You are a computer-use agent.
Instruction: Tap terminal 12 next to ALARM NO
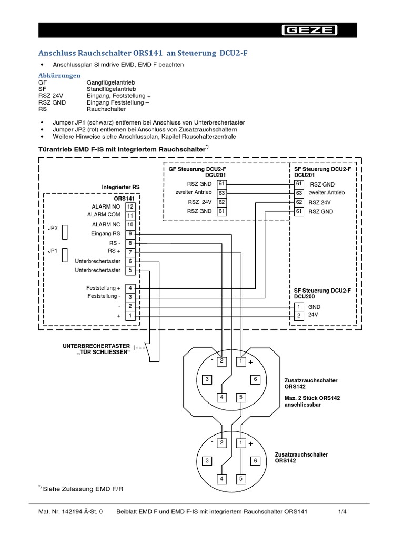click(130, 206)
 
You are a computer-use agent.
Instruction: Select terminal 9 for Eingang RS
click(130, 233)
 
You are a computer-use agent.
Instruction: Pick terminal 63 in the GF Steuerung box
click(221, 193)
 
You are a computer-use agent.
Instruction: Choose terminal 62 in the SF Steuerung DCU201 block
click(299, 202)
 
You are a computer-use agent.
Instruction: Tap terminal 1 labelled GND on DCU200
click(299, 306)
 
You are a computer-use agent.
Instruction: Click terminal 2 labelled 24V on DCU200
click(299, 316)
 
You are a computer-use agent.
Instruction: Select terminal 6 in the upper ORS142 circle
click(255, 379)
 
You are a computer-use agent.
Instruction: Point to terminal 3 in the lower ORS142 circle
click(207, 461)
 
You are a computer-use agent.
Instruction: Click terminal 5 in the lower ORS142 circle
click(240, 479)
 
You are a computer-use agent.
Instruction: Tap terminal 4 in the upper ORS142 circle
click(222, 397)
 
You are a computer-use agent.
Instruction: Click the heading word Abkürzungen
click(59, 76)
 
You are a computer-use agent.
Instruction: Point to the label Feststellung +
click(104, 288)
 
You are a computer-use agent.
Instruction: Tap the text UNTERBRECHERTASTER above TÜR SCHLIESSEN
click(96, 346)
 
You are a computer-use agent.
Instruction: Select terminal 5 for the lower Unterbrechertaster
click(130, 270)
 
